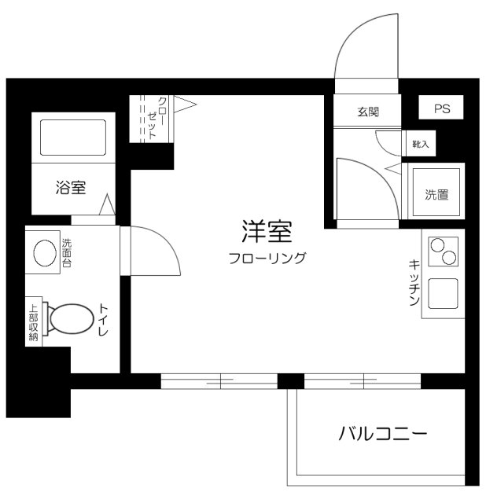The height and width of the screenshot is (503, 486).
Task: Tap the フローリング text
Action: [x=267, y=257]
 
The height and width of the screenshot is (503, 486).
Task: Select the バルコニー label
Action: [x=383, y=433]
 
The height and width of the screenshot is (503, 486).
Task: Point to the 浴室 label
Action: [x=71, y=188]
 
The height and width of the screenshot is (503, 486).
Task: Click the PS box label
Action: [x=440, y=109]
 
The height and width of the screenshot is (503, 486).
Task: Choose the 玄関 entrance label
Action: [x=367, y=112]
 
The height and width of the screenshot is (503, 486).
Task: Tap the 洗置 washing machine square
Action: [x=438, y=193]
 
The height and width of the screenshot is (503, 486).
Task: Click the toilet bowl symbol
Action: [x=70, y=318]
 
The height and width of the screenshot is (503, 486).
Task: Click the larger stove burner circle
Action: [x=438, y=244]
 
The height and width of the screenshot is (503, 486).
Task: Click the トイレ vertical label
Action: [x=103, y=319]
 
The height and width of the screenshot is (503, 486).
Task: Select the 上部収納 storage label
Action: [x=33, y=323]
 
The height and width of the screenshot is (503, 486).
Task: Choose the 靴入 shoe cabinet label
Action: [x=421, y=144]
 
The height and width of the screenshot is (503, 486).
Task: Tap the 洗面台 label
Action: [x=67, y=253]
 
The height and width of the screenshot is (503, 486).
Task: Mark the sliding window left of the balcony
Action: [x=219, y=381]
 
